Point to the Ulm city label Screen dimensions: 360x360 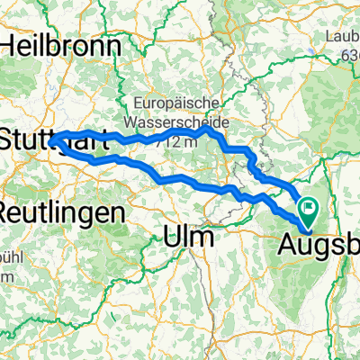coord(189,237)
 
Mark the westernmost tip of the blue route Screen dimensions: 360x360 coord(50,140)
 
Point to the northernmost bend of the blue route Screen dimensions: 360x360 coord(207,129)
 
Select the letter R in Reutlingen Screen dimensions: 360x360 coord(7,213)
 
